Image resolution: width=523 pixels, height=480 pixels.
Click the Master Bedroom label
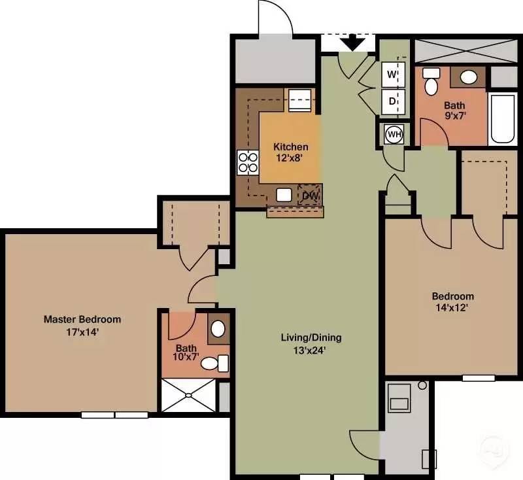(82, 319)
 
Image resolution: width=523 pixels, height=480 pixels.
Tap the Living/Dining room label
(311, 337)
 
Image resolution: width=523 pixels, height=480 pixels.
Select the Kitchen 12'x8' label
(290, 152)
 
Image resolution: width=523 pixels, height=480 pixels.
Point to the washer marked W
(394, 74)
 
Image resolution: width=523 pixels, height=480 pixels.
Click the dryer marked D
(394, 101)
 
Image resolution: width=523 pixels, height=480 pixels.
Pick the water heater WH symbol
(394, 135)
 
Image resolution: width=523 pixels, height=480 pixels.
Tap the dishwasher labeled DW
(310, 195)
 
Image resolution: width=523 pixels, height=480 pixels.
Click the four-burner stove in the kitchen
(248, 163)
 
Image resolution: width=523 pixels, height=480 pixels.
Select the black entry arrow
(353, 42)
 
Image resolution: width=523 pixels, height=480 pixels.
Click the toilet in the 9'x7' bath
(431, 81)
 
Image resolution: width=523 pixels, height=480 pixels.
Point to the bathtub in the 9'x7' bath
(503, 119)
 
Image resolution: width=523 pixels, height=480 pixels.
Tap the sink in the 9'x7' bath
(469, 77)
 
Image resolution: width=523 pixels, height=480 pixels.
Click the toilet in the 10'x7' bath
(215, 363)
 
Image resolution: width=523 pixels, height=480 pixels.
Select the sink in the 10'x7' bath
(218, 329)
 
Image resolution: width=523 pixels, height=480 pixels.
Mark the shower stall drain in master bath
(188, 395)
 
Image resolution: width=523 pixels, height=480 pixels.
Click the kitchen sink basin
(284, 195)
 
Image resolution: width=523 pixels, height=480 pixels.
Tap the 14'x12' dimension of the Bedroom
(452, 307)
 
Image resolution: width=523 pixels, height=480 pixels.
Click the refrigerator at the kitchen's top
(300, 100)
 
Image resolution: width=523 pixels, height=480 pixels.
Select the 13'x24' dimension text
(309, 351)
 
